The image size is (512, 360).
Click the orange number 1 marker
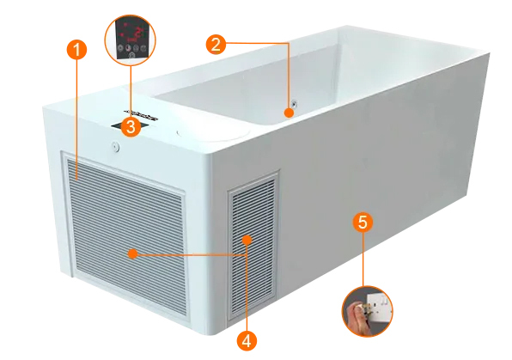[x=76, y=50]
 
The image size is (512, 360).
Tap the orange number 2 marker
[x=216, y=44]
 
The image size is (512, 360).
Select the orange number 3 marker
[x=131, y=126]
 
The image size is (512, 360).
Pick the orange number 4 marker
[x=247, y=341]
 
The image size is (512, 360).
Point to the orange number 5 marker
[x=363, y=223]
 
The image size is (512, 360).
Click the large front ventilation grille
[x=125, y=234]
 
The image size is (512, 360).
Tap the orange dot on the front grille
[x=132, y=253]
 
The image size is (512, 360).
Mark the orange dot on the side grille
[x=247, y=240]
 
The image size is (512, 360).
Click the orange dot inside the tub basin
[x=289, y=113]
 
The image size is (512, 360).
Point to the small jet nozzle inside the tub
[x=295, y=104]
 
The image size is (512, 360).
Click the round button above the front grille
[x=114, y=147]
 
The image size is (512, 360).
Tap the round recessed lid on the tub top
[x=213, y=132]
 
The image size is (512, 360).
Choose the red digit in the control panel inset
[x=139, y=33]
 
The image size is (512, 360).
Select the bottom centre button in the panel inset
[x=131, y=55]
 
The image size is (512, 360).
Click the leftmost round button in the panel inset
[x=120, y=48]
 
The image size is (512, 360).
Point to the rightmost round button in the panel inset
[x=143, y=48]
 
